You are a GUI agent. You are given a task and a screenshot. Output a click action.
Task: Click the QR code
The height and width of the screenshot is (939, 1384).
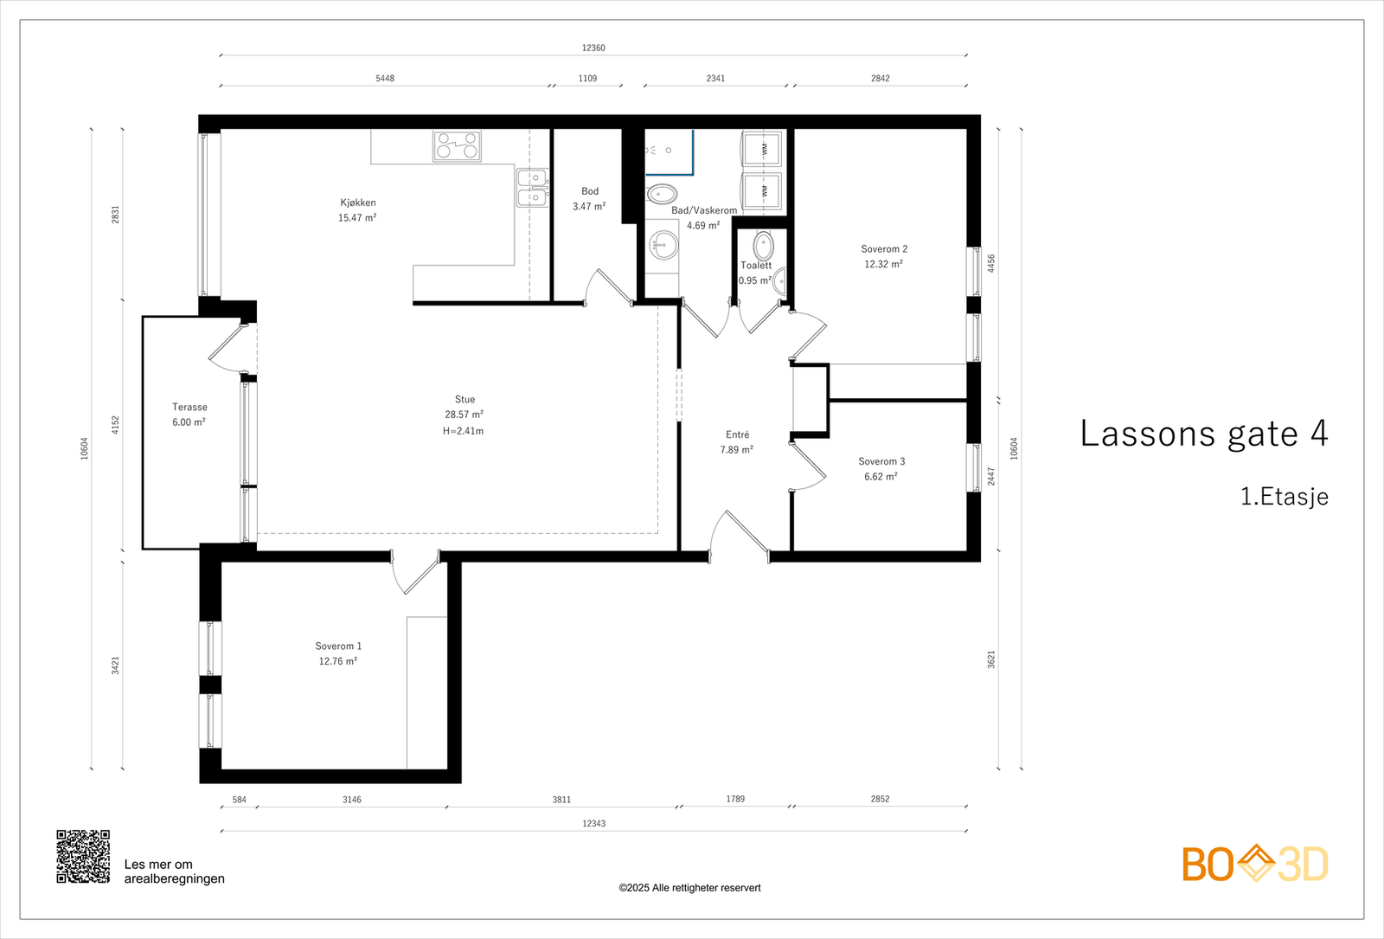coord(83,856)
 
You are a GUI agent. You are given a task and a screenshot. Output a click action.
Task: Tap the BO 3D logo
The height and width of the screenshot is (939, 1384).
coord(1255,863)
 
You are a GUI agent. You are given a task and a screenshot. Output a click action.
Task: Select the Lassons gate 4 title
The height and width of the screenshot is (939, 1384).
coord(1203,434)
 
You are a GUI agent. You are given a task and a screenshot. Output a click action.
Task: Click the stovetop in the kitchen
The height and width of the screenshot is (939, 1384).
coord(458,146)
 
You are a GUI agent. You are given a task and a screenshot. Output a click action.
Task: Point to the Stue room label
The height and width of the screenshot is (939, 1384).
coord(465,399)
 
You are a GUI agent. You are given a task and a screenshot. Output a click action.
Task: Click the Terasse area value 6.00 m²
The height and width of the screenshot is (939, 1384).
coord(189,422)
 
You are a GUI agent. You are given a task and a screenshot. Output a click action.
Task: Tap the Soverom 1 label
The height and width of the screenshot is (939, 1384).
coord(338,646)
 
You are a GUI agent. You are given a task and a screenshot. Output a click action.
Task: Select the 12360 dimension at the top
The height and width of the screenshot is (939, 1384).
coord(593,48)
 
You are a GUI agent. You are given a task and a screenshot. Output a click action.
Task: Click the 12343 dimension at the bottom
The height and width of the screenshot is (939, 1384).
coord(593,823)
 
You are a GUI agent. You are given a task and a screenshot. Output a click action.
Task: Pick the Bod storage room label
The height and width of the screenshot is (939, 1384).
coord(590,191)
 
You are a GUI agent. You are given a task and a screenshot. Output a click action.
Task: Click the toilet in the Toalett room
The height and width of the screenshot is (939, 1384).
coord(764,246)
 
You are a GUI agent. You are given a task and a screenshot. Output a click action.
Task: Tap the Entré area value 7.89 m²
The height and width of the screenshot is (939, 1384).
coord(736,450)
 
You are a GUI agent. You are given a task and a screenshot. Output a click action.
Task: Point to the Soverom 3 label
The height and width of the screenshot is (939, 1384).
coord(881,461)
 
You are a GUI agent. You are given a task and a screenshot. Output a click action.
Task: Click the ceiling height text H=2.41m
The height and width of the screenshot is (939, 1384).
coord(463,431)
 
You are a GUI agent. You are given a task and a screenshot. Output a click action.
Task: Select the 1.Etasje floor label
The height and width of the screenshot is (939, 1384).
coord(1285,497)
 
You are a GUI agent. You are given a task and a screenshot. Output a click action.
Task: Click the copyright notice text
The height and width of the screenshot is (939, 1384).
coord(689,888)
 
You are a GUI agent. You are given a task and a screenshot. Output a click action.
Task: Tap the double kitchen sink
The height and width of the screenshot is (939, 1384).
coord(533,188)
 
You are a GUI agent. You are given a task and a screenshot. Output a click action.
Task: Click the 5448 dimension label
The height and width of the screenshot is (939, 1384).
coord(385,78)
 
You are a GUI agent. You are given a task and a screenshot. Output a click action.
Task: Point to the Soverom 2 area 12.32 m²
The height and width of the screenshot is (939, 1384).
coord(883,264)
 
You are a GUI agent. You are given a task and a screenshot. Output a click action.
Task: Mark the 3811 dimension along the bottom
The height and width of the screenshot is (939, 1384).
coord(561,800)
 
